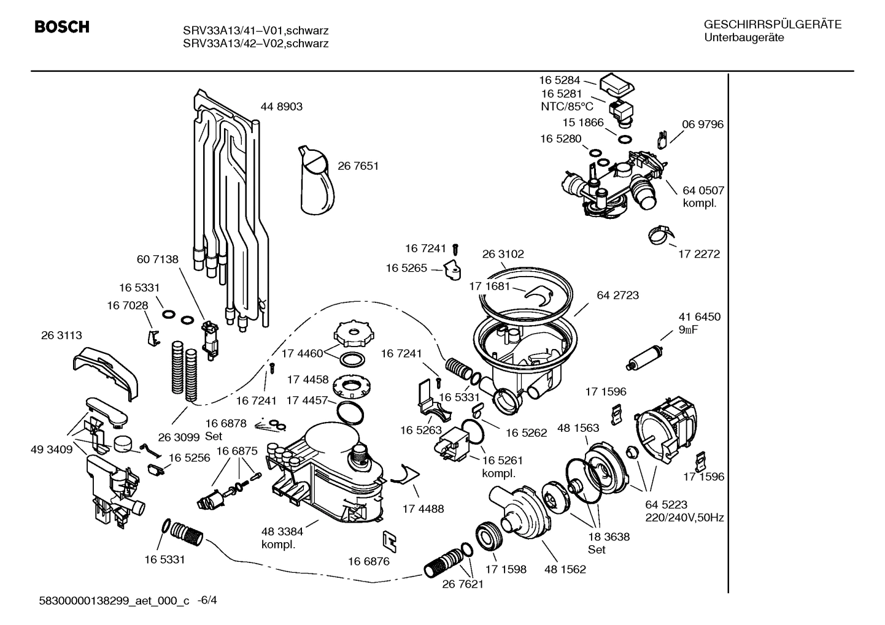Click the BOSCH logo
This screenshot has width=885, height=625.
[62, 27]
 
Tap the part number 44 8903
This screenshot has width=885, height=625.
[281, 107]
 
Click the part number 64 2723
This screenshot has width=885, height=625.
[617, 295]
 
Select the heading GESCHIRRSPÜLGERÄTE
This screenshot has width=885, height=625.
[772, 25]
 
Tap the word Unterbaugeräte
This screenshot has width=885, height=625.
[744, 37]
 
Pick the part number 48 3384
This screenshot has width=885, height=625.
[282, 532]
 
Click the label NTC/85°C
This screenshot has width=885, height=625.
[566, 106]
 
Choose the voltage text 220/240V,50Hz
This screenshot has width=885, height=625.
[684, 518]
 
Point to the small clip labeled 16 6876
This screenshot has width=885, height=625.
[390, 540]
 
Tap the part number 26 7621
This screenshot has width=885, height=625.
[463, 584]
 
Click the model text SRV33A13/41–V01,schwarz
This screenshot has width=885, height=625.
[255, 31]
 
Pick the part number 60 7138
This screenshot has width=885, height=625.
[157, 259]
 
